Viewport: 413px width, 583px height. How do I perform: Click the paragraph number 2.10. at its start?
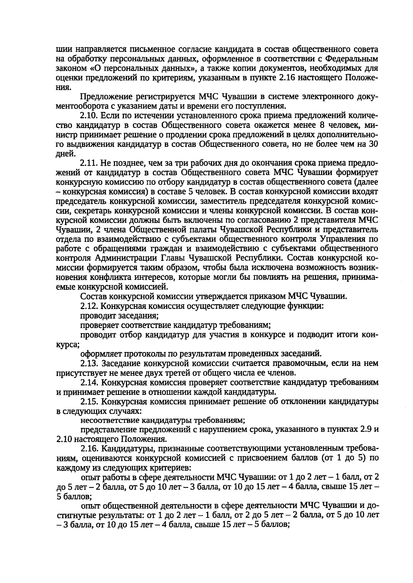(x=90, y=115)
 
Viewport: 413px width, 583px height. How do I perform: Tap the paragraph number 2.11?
(x=90, y=163)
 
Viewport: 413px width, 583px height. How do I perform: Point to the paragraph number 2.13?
(x=90, y=363)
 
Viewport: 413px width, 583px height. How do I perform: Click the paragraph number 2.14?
(x=90, y=382)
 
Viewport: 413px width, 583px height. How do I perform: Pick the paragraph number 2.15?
(x=90, y=401)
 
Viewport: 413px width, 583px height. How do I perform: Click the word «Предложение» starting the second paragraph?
(x=110, y=96)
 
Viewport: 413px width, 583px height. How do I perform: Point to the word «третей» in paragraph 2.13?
(x=186, y=373)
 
